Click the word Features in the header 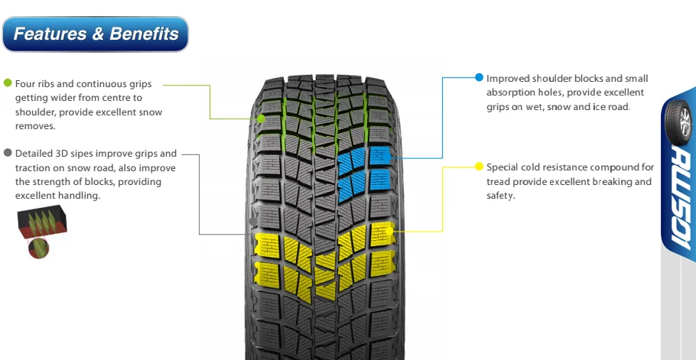click(x=49, y=34)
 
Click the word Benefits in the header click(x=144, y=34)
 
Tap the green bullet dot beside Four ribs click(x=8, y=83)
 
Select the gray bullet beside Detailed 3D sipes click(x=8, y=153)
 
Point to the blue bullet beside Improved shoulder click(x=479, y=78)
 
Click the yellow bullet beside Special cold click(x=479, y=167)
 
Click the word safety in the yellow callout click(x=500, y=196)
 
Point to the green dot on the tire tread click(x=262, y=118)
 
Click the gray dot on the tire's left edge click(x=253, y=221)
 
